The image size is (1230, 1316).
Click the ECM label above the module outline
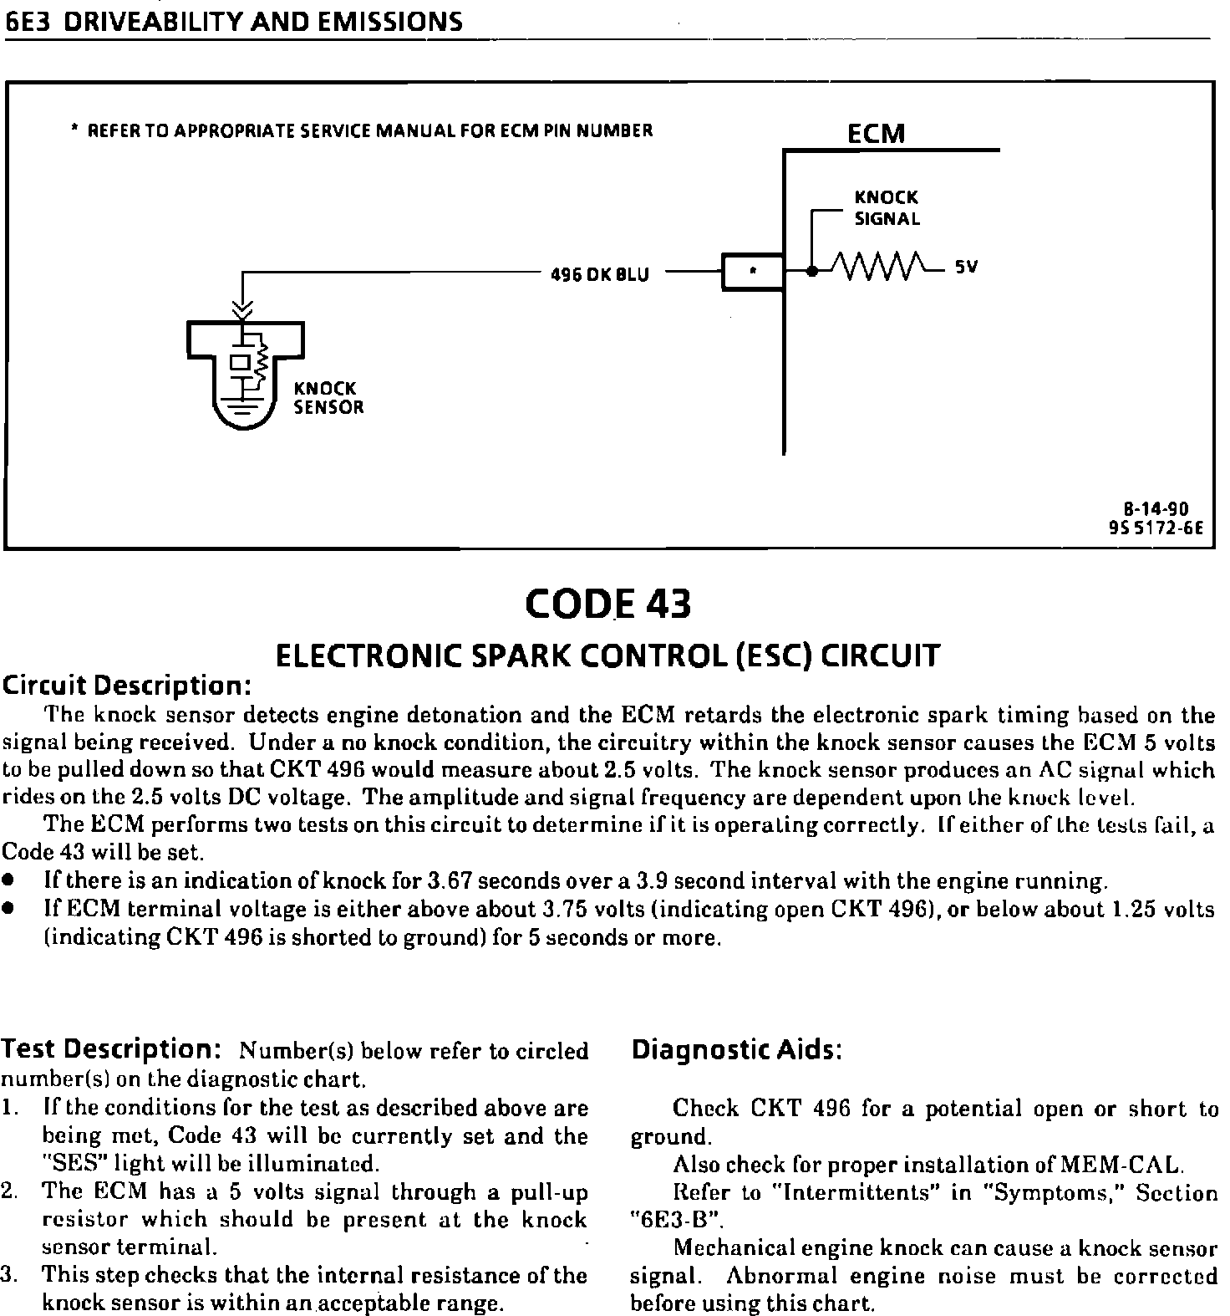876,134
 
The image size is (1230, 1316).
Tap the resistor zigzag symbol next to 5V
883,268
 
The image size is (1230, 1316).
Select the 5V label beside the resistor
967,268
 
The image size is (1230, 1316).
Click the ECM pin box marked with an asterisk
753,271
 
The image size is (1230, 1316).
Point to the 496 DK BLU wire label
599,273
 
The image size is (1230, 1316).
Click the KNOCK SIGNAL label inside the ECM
887,208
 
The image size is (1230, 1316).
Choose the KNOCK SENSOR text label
328,398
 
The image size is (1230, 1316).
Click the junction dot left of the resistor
811,270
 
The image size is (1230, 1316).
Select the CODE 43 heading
609,604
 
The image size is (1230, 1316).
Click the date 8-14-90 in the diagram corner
1156,509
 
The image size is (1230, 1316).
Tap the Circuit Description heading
128,686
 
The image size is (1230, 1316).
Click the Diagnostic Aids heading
735,1050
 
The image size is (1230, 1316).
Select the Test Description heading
110,1048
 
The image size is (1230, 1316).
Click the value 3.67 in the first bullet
449,881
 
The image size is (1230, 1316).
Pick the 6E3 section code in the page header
28,22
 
